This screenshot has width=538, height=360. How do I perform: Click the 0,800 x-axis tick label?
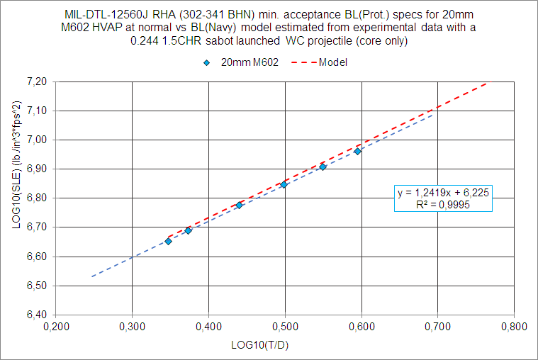coord(514,327)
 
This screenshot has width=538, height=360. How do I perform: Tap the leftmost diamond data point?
coord(168,242)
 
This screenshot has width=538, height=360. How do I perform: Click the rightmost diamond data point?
coord(358,151)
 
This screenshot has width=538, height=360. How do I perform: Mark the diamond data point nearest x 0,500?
coord(284,185)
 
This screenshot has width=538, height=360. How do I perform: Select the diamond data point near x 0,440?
coord(239,206)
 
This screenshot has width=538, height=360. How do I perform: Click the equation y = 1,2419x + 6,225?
coord(444,192)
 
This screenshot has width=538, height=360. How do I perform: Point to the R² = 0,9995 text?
coord(444,204)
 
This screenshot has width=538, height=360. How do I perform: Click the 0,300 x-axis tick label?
coord(132,327)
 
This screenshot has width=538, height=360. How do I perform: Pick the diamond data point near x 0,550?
coord(323,167)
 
